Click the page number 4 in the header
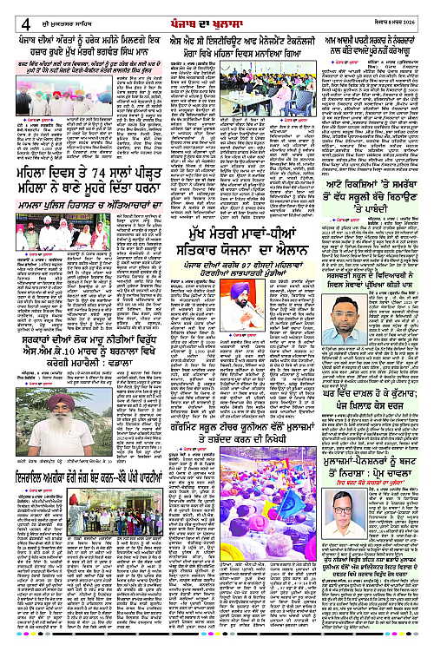pos(13,10)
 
